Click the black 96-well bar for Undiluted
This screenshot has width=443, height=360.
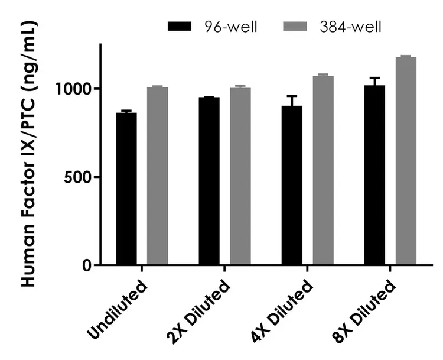pyautogui.click(x=126, y=189)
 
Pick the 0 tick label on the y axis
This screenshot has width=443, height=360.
pyautogui.click(x=87, y=265)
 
